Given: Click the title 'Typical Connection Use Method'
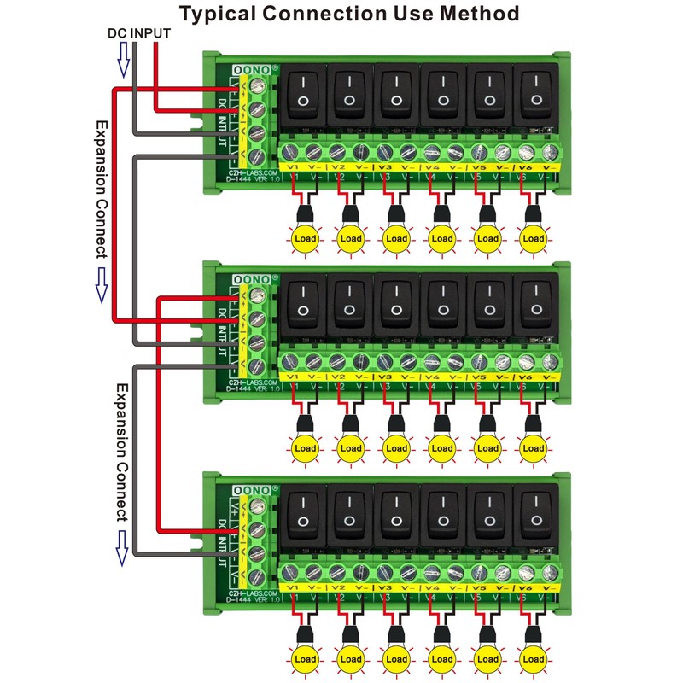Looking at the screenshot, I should (349, 14).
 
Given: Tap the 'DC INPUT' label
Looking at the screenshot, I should (138, 34).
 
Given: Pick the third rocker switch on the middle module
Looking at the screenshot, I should (397, 305).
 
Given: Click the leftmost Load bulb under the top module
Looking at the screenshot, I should (304, 239).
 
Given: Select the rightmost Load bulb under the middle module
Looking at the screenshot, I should (534, 448).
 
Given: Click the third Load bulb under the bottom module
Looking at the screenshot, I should (396, 659).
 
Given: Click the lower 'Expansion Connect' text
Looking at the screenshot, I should (121, 452).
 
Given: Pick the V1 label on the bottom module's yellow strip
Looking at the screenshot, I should (293, 588).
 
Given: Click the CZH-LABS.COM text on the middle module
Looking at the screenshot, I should (251, 381).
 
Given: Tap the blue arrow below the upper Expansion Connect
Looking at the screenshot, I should (101, 283).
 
